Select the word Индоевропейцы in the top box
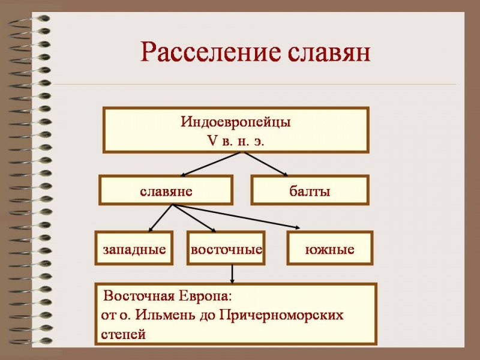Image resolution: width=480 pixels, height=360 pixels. click(236, 122)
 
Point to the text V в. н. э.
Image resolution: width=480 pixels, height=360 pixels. click(236, 142)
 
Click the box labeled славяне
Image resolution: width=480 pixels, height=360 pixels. click(166, 191)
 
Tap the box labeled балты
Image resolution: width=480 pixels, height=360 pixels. click(310, 191)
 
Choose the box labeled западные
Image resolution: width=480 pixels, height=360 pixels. click(134, 248)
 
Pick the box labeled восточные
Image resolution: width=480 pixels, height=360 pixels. click(226, 248)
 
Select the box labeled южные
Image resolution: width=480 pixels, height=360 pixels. click(330, 248)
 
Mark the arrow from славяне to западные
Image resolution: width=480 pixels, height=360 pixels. click(160, 218)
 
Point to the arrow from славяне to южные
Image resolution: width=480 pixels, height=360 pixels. click(240, 217)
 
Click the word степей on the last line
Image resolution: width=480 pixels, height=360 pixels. click(123, 334)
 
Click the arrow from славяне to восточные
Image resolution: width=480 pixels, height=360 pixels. click(194, 218)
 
